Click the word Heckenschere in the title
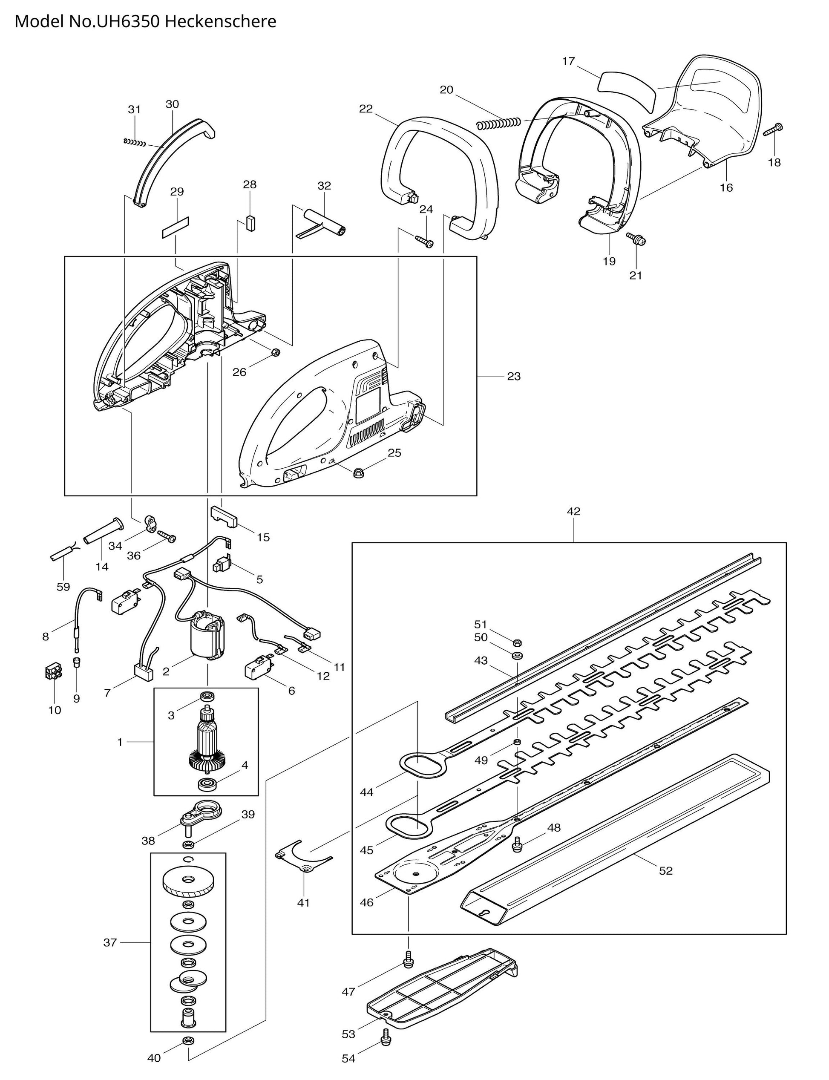[220, 22]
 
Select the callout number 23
[514, 377]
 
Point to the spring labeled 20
[498, 122]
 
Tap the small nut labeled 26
[276, 352]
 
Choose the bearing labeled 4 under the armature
[208, 783]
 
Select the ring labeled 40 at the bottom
[188, 1052]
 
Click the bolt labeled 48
[517, 844]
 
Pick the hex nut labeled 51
[518, 642]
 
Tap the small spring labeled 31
[134, 143]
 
